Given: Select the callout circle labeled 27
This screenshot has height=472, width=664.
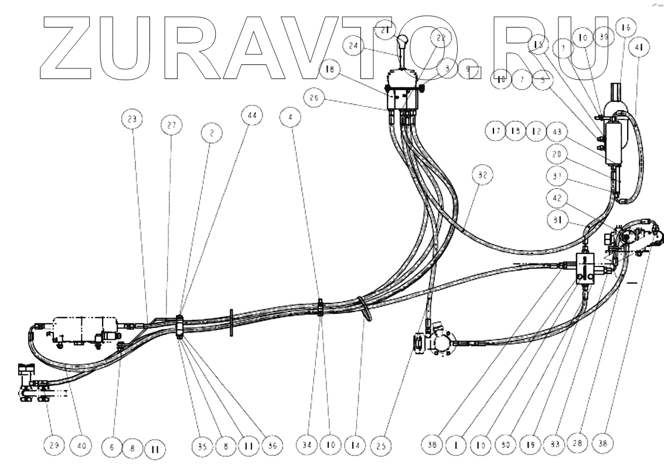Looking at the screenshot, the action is [x=171, y=125].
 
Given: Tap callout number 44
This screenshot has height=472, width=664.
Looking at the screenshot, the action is [x=250, y=117].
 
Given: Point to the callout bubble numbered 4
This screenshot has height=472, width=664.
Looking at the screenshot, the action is [x=291, y=117].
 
